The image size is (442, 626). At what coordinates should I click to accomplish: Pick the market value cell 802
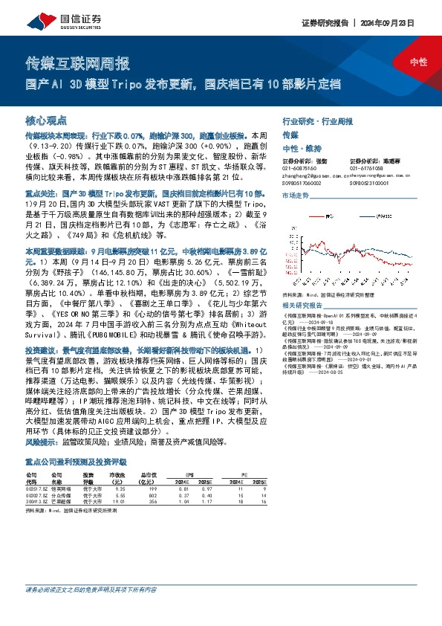coord(153,495)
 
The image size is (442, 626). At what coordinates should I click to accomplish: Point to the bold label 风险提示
coord(42,441)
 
